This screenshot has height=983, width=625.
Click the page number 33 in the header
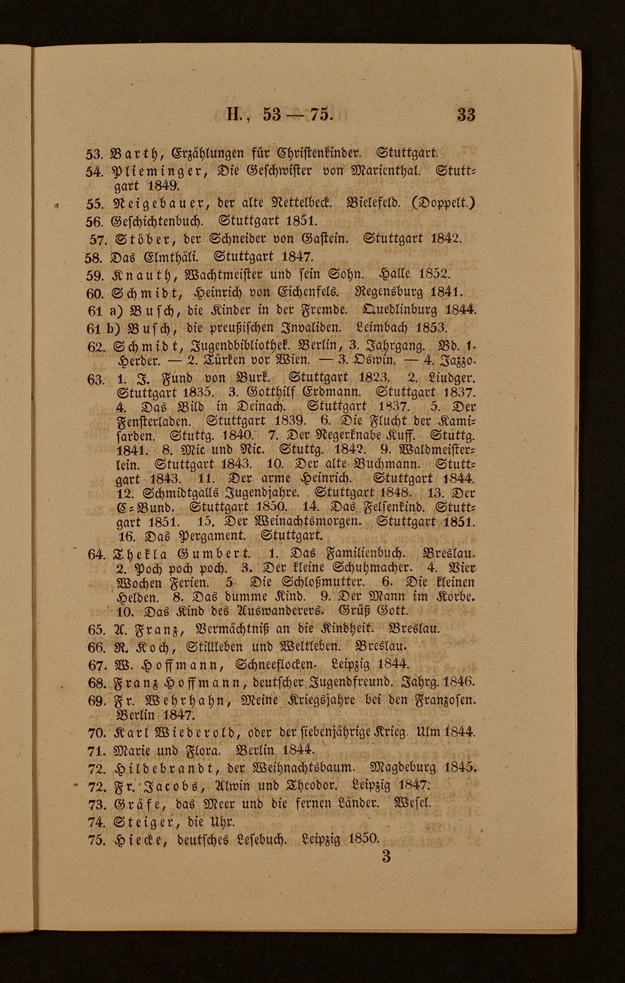point(466,115)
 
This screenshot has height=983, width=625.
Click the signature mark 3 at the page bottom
point(386,856)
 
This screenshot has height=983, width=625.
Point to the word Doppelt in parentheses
point(445,203)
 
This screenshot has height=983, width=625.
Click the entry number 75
point(97,840)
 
